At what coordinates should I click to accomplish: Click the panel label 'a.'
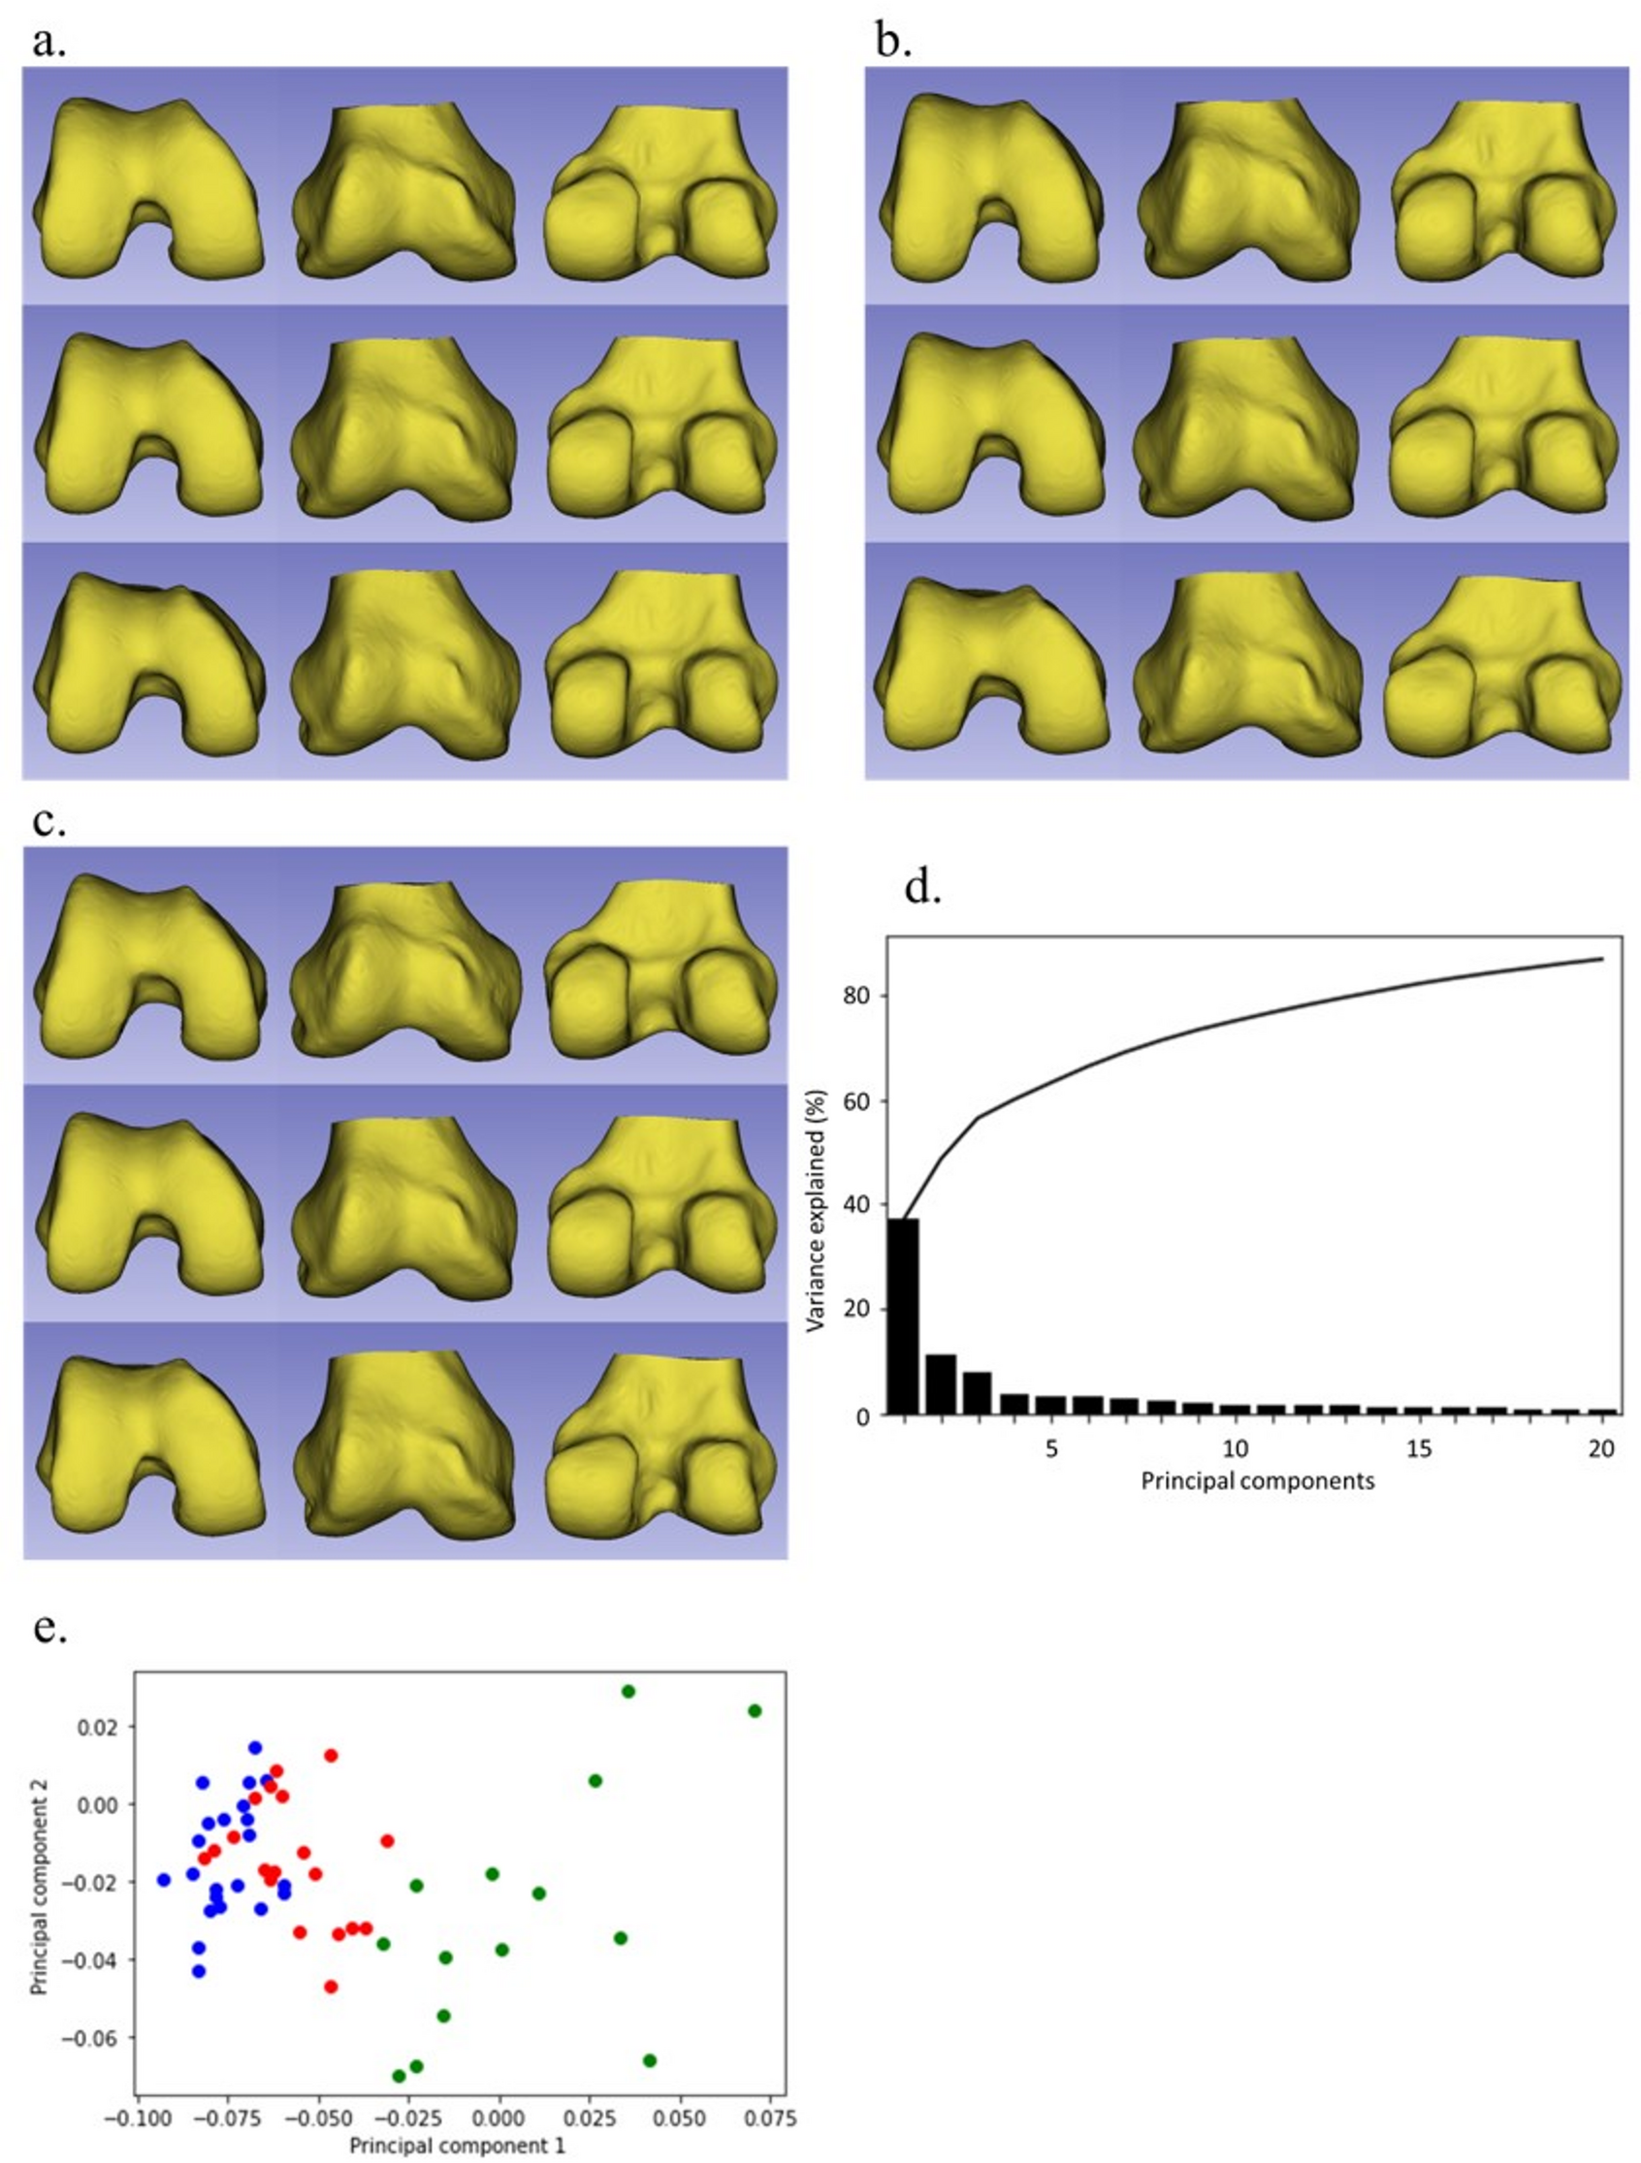click(48, 43)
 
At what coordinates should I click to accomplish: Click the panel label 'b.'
click(893, 43)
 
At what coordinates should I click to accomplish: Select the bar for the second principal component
click(941, 1384)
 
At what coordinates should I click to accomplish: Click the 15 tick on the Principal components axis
click(1419, 1447)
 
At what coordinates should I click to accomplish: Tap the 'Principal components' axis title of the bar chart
click(1257, 1480)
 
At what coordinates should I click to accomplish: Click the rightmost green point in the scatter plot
click(754, 1710)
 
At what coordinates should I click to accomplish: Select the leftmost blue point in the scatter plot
click(163, 1880)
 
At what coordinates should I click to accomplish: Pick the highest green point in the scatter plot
click(627, 1691)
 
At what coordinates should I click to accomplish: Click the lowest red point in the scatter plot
click(331, 1986)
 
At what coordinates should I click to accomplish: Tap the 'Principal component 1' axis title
click(458, 2147)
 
